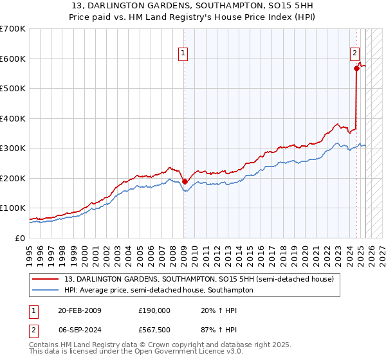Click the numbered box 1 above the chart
tap(183, 54)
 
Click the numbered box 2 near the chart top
tap(354, 54)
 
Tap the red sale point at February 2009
tap(185, 181)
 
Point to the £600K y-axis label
tap(12, 59)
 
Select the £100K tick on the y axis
tap(12, 208)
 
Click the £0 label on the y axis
tap(19, 238)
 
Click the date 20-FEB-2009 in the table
tap(79, 310)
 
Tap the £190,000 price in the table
tap(154, 310)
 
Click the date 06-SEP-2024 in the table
tap(79, 330)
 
